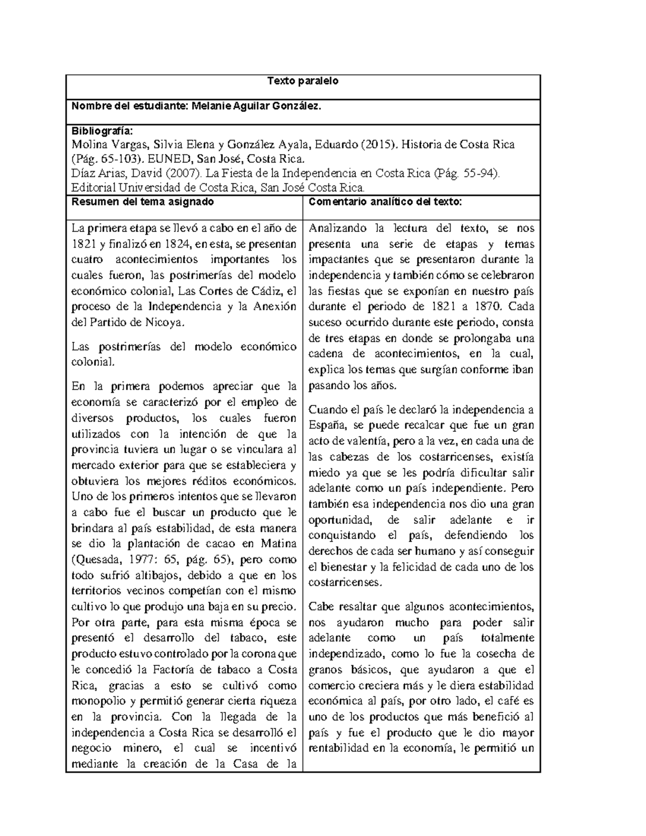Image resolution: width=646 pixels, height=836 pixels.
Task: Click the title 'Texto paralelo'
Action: pos(303,81)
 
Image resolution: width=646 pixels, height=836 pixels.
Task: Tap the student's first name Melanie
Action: pos(207,106)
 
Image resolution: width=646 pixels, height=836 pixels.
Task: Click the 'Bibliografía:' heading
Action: pos(101,131)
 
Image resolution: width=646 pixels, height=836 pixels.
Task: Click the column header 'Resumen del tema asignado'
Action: pos(143,202)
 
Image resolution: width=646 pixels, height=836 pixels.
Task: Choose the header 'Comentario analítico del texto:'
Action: pos(385,202)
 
